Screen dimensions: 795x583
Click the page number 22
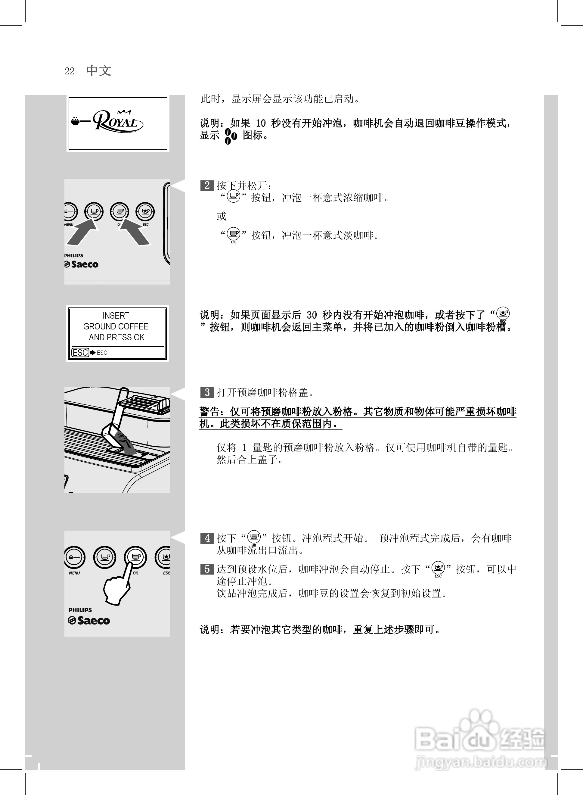(x=70, y=71)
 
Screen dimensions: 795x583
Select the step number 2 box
(x=207, y=185)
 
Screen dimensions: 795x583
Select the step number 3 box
(x=207, y=392)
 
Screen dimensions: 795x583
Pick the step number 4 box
(x=207, y=538)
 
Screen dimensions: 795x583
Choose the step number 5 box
(x=207, y=569)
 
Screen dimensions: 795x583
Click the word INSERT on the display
(x=116, y=316)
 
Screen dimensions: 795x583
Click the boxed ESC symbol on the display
(x=80, y=352)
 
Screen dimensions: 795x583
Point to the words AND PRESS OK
(x=116, y=338)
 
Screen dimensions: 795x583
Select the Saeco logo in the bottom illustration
(x=89, y=620)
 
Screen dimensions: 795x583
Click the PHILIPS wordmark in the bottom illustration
(x=80, y=610)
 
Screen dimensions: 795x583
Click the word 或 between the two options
(x=222, y=216)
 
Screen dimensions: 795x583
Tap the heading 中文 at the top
(x=99, y=70)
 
